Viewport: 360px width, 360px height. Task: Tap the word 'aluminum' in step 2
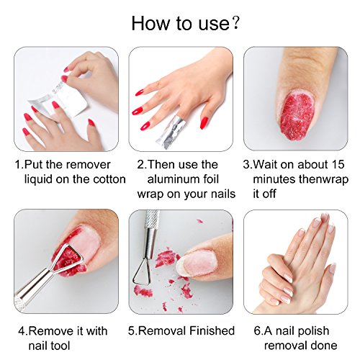[176, 179]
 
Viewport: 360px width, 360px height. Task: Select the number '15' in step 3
[329, 165]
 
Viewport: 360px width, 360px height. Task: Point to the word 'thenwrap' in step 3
[314, 179]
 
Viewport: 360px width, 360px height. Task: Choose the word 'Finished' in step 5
[209, 330]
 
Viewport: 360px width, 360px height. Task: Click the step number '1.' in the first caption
[19, 165]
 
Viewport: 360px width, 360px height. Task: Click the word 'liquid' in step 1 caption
[40, 179]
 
